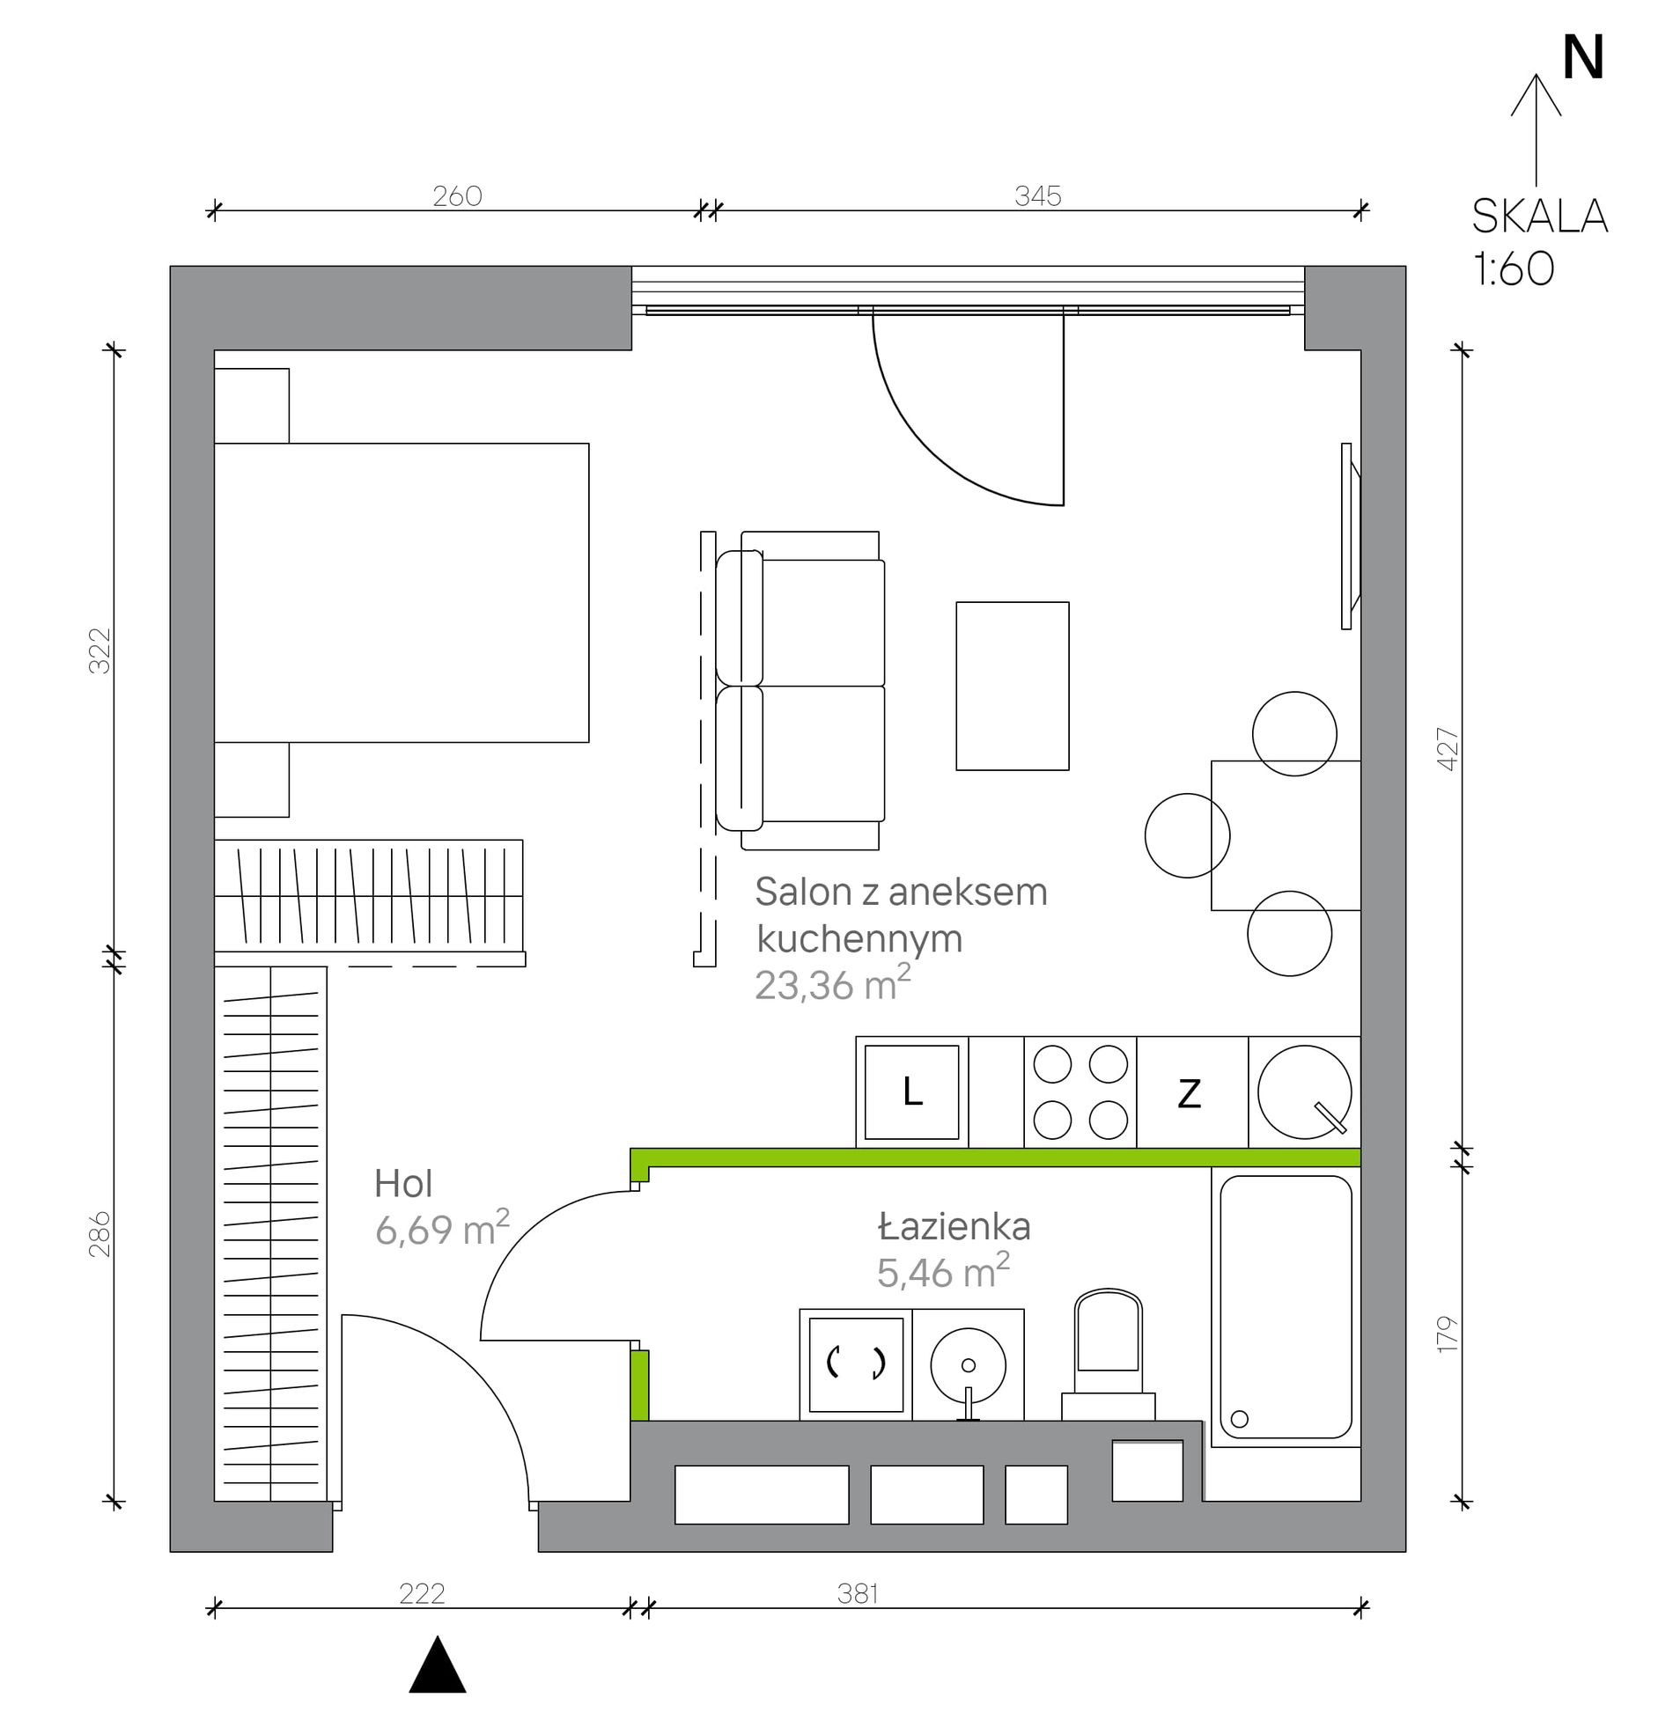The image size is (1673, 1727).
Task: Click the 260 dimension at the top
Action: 458,195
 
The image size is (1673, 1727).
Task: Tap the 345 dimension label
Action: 1037,195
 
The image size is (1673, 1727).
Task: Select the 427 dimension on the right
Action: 1448,749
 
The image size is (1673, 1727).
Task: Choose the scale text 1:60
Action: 1514,268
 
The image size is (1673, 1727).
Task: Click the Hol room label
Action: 402,1184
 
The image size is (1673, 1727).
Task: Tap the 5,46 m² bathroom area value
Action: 943,1271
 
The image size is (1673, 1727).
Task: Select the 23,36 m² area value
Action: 832,983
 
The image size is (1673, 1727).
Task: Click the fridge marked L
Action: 911,1092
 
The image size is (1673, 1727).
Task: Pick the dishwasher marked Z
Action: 1190,1092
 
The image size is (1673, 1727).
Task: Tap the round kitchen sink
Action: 1305,1092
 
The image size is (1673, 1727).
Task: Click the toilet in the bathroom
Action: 1109,1356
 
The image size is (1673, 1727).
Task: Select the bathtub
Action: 1286,1307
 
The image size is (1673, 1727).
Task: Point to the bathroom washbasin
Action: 968,1365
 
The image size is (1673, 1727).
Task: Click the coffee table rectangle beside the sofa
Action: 1013,687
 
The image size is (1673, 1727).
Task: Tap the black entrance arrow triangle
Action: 438,1665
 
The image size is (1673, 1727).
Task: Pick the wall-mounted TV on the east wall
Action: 1350,536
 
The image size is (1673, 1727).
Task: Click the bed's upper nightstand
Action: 252,406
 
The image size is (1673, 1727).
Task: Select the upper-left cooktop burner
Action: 1052,1064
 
